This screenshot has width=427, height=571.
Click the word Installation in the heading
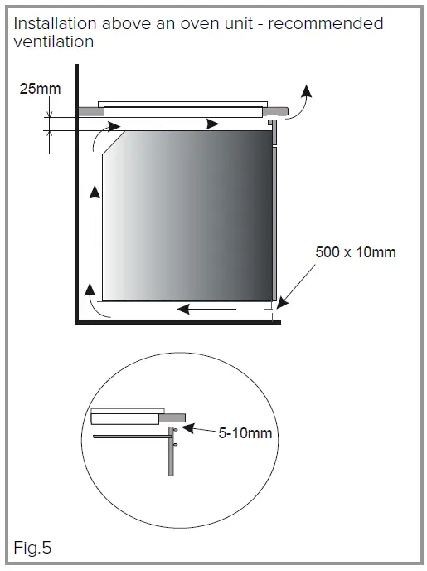(51, 23)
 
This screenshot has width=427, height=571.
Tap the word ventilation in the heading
(52, 41)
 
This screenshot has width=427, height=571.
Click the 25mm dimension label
(40, 87)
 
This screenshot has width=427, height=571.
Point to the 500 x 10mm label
(356, 251)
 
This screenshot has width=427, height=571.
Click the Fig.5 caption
(33, 549)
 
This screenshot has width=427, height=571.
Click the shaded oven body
(191, 216)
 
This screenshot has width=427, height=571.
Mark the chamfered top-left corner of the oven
(113, 143)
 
